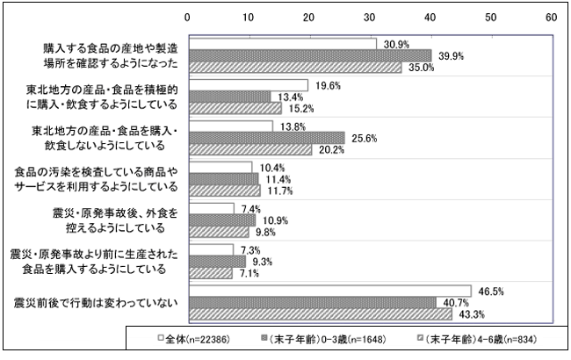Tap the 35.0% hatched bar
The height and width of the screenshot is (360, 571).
[x=295, y=67]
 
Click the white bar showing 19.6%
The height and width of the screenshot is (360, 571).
[x=249, y=85]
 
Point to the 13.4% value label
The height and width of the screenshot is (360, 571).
[x=285, y=97]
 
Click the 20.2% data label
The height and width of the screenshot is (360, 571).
[x=326, y=149]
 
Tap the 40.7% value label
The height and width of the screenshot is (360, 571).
[x=450, y=303]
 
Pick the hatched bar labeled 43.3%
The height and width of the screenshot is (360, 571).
[x=320, y=314]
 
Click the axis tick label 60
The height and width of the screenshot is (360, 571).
[x=551, y=17]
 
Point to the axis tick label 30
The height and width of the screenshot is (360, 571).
[x=370, y=17]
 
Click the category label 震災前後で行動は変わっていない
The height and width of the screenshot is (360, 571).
[x=97, y=303]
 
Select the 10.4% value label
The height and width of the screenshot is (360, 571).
[x=266, y=167]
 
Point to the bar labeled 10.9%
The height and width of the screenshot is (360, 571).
[x=222, y=220]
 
